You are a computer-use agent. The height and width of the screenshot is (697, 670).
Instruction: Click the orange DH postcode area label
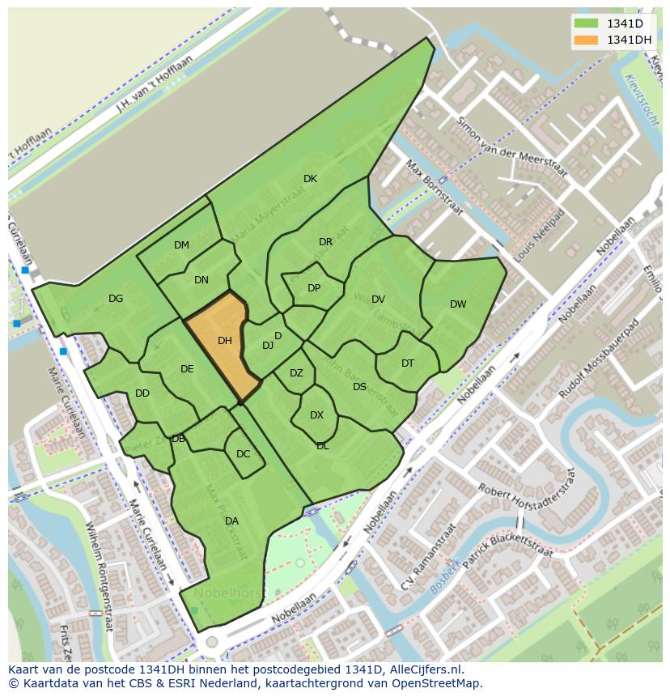click(225, 341)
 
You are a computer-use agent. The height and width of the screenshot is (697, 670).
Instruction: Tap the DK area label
click(310, 179)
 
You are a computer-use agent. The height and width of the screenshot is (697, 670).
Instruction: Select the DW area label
click(458, 304)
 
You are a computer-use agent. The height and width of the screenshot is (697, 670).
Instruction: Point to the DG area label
click(116, 299)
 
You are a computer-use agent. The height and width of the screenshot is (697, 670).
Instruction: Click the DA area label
click(231, 521)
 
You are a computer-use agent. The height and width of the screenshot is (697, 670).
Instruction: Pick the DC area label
click(244, 454)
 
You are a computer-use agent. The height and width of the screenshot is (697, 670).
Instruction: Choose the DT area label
click(408, 363)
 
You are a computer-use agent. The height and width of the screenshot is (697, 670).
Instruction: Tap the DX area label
click(316, 415)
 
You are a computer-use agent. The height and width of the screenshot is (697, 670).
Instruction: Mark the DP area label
click(314, 288)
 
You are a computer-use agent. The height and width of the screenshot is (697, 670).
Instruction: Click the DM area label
click(181, 245)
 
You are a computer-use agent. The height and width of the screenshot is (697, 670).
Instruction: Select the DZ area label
click(296, 373)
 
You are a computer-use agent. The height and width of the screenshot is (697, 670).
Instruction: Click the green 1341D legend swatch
click(586, 23)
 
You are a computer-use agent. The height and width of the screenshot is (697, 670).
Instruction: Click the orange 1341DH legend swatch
click(586, 40)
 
